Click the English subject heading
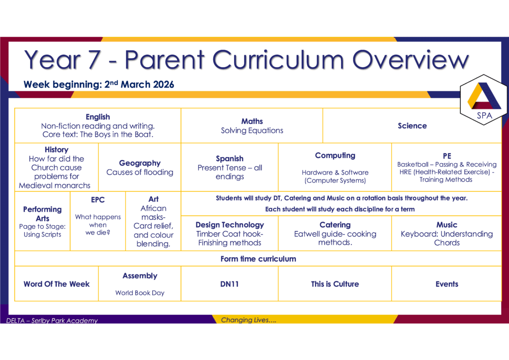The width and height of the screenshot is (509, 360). pos(98,117)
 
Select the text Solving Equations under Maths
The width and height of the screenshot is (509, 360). pos(252,130)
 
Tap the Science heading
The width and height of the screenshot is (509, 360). pos(412,126)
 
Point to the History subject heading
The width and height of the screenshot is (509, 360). pos(57,150)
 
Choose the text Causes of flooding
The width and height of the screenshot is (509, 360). pos(140,172)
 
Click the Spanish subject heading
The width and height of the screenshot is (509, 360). pos(230,159)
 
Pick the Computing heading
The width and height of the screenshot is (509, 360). pos(335,156)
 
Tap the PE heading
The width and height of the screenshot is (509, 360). pos(447,156)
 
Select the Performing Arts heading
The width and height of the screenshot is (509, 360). pos(43,214)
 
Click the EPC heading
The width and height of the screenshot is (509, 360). pos(98,199)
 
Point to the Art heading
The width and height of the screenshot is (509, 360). pos(154,199)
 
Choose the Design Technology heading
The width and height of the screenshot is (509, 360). pos(230,225)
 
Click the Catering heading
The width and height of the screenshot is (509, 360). pos(335,225)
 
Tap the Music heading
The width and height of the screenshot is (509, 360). pos(447,225)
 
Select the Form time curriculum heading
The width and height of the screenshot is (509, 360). pos(258,259)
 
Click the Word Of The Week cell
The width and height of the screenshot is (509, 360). pos(57,284)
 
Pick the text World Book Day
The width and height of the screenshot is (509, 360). pos(140,293)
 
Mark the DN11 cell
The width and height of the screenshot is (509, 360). pos(230,284)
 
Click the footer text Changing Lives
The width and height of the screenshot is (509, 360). pos(249,320)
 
